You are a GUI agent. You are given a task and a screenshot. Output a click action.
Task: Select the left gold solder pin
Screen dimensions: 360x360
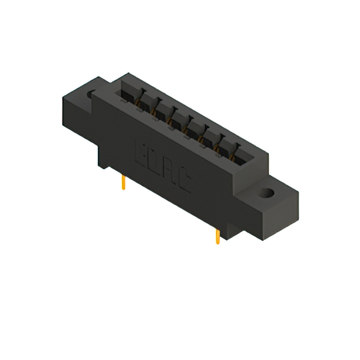(x=123, y=183)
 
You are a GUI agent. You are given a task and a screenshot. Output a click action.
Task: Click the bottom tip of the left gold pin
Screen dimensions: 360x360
(x=123, y=189)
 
